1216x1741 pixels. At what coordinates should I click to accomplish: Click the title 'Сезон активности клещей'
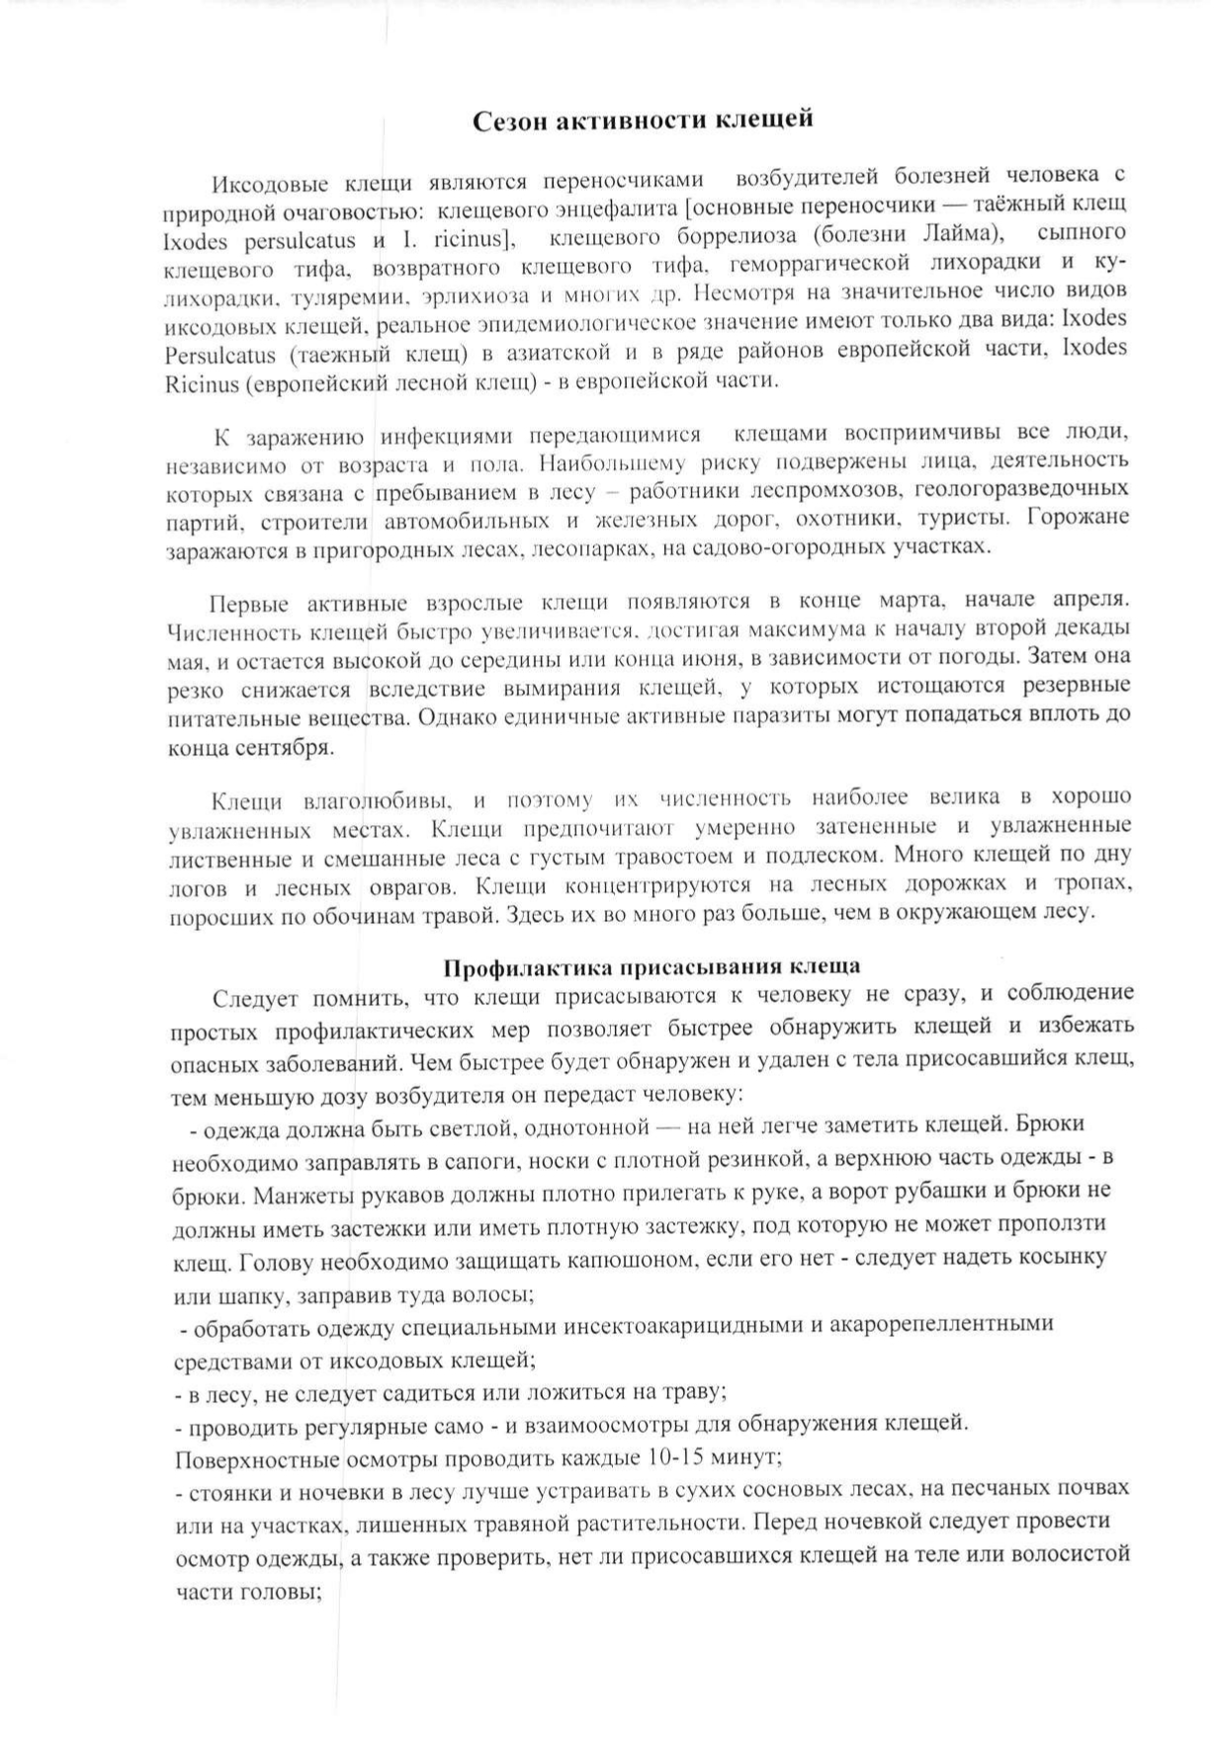pos(643,121)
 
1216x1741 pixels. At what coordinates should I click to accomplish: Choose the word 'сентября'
pos(282,747)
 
